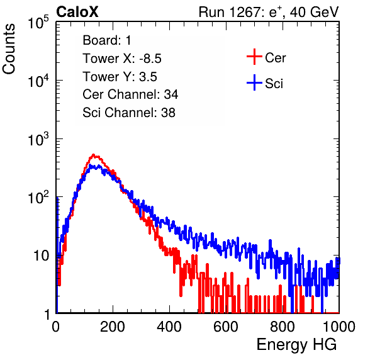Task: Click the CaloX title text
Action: [77, 12]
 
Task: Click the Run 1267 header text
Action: [269, 12]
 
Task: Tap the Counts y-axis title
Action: [9, 49]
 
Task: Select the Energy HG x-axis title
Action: [296, 344]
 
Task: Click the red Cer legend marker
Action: [254, 57]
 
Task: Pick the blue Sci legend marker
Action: [254, 82]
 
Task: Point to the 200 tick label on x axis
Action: [113, 326]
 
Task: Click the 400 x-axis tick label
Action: [169, 326]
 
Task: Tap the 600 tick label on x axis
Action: [226, 326]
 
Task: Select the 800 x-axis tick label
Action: [283, 326]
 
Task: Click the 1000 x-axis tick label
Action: [339, 326]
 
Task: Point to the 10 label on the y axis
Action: [42, 256]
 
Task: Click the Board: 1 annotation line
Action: [107, 40]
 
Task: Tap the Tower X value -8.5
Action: [150, 59]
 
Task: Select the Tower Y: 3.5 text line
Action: [120, 77]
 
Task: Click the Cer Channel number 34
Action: [171, 94]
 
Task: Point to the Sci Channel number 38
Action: [168, 113]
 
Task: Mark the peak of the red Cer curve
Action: [94, 155]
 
